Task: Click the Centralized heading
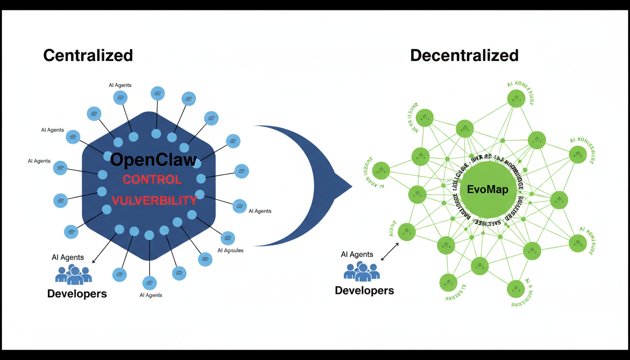88,55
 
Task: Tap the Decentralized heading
464,55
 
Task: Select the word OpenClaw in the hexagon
153,160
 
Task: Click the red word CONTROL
152,180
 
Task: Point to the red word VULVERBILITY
154,201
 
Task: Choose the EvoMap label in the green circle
488,190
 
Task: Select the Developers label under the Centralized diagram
77,294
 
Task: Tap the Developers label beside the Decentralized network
364,290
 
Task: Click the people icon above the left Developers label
74,275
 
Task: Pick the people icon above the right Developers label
361,271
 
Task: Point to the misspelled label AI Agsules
231,250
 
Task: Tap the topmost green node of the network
516,98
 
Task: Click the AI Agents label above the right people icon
357,255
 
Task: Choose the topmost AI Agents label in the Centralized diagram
120,85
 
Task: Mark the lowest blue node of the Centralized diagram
150,283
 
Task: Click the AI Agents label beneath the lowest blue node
151,295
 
